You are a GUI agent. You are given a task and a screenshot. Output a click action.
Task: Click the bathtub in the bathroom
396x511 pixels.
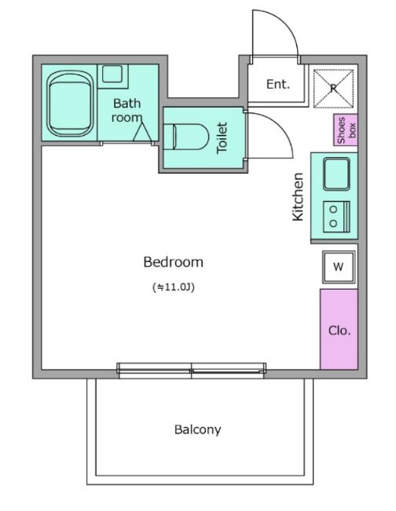point(70,104)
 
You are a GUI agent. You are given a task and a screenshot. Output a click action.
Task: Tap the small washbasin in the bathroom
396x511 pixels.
point(112,74)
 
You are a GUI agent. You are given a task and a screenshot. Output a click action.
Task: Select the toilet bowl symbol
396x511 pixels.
point(185,137)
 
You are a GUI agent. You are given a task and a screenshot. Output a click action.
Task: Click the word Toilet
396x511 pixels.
point(222,137)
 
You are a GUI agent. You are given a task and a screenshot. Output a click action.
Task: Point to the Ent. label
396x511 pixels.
point(278,85)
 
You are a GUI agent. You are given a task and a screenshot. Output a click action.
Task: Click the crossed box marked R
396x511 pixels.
point(333,88)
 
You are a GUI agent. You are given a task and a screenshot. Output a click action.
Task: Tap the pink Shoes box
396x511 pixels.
point(346,130)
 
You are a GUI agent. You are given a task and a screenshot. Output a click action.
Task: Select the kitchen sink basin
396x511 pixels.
point(336,174)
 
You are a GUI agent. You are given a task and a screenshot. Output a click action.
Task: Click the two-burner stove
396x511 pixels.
point(336,217)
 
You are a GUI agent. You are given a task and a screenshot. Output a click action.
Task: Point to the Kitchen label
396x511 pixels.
point(298,197)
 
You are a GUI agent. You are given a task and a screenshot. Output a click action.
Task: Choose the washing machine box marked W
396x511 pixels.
point(339,267)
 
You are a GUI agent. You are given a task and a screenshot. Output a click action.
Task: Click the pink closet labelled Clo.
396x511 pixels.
point(339,329)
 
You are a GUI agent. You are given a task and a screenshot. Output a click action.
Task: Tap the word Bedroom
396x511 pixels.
point(173,262)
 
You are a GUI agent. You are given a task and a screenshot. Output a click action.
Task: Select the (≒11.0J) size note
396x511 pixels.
point(174,287)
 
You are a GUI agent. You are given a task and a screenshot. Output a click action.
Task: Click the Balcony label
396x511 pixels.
point(198,429)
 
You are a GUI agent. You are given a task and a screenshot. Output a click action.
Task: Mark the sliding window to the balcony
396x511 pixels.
point(192,370)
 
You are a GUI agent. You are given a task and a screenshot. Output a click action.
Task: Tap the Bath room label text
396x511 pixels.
point(126,110)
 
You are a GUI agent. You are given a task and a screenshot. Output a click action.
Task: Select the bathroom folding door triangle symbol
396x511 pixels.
point(142,133)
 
